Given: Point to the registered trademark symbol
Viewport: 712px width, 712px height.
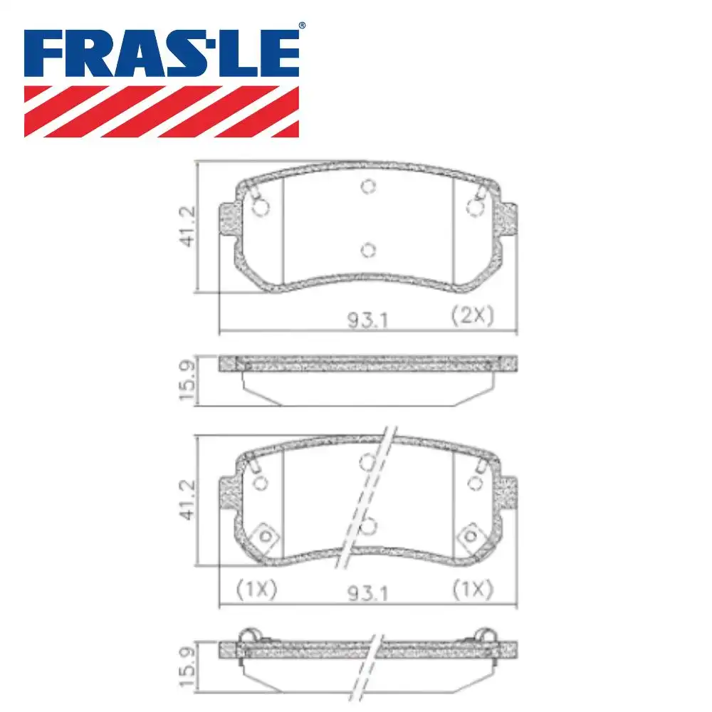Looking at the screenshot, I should coord(302,26).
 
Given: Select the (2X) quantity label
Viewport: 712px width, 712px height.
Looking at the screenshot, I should coord(473,316).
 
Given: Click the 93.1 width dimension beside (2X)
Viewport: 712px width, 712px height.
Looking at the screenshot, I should coord(367,320).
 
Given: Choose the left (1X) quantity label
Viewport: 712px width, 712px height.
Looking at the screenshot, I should coord(256,589).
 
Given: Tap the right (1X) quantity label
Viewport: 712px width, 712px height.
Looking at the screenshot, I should coord(473,589).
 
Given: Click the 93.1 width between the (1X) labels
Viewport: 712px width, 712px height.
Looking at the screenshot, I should coord(367,592).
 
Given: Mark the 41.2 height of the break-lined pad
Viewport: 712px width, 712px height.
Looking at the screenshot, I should coord(188,500).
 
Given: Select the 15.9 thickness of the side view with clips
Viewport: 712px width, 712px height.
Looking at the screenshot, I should coord(188,666).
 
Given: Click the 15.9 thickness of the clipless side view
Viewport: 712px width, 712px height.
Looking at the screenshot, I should coord(188,382).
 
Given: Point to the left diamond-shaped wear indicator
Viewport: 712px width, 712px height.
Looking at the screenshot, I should coord(265,535).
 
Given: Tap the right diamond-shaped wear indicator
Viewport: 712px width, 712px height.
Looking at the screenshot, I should coord(470,535).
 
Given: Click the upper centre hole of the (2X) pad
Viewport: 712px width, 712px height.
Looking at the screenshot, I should coord(367,187).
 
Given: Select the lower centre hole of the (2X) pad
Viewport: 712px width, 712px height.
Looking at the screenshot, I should coord(367,249).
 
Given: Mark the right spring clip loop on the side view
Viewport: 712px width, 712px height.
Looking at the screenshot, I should coord(486,636).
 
